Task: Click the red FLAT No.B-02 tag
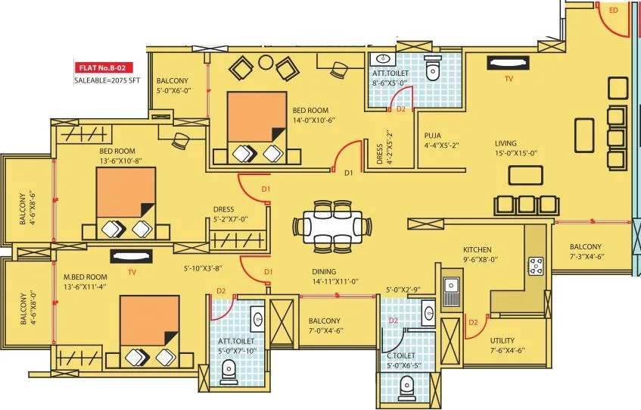(x=101, y=66)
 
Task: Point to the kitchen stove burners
(x=536, y=265)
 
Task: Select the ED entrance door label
(x=613, y=10)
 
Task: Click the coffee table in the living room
(x=526, y=175)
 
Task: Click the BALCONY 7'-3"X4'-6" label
(x=586, y=252)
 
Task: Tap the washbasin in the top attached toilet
(x=382, y=59)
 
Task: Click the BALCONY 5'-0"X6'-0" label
(x=173, y=86)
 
